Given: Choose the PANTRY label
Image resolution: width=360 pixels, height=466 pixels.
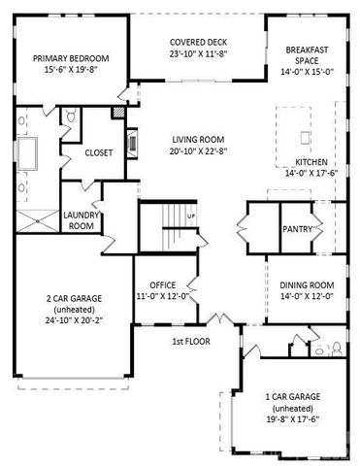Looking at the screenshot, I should click(x=296, y=230).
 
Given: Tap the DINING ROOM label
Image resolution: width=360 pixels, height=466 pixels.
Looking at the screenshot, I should click(x=301, y=284).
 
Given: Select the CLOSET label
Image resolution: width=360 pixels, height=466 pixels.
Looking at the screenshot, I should click(x=99, y=153).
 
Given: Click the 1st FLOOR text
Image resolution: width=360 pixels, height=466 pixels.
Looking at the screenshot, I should click(x=192, y=341).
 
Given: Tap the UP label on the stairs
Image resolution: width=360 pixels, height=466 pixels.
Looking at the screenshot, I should click(x=191, y=215).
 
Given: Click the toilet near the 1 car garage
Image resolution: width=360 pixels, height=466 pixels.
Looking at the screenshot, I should click(x=335, y=347).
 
